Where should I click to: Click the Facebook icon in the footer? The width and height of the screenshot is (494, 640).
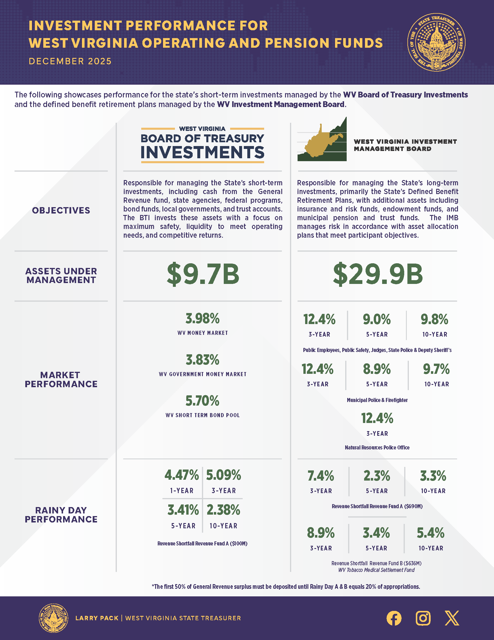pyautogui.click(x=394, y=618)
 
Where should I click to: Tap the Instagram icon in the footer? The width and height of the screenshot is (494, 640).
pyautogui.click(x=423, y=618)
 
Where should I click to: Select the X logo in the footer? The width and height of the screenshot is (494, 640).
pyautogui.click(x=452, y=618)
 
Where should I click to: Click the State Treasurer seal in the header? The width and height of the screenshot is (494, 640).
pyautogui.click(x=436, y=42)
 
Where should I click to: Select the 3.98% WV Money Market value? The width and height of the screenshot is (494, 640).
pyautogui.click(x=203, y=319)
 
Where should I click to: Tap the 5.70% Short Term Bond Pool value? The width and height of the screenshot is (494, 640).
pyautogui.click(x=203, y=401)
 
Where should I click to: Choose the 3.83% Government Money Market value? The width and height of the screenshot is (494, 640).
pyautogui.click(x=203, y=360)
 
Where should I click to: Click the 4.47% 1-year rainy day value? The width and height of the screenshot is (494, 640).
pyautogui.click(x=182, y=475)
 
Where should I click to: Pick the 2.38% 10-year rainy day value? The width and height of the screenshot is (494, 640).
pyautogui.click(x=223, y=510)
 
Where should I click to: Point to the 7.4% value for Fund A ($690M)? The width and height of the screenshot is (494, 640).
pyautogui.click(x=321, y=476)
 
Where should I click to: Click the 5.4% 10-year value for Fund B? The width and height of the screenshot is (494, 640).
pyautogui.click(x=431, y=533)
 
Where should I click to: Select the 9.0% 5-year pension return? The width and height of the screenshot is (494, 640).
pyautogui.click(x=377, y=319)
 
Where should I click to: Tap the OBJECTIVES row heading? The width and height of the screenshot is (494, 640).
pyautogui.click(x=61, y=210)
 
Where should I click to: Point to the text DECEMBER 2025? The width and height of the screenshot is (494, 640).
pyautogui.click(x=70, y=61)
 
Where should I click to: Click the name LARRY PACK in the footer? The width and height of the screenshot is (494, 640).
pyautogui.click(x=97, y=618)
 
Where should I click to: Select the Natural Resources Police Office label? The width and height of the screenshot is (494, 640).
pyautogui.click(x=377, y=447)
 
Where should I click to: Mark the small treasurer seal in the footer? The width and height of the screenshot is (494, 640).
pyautogui.click(x=53, y=618)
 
